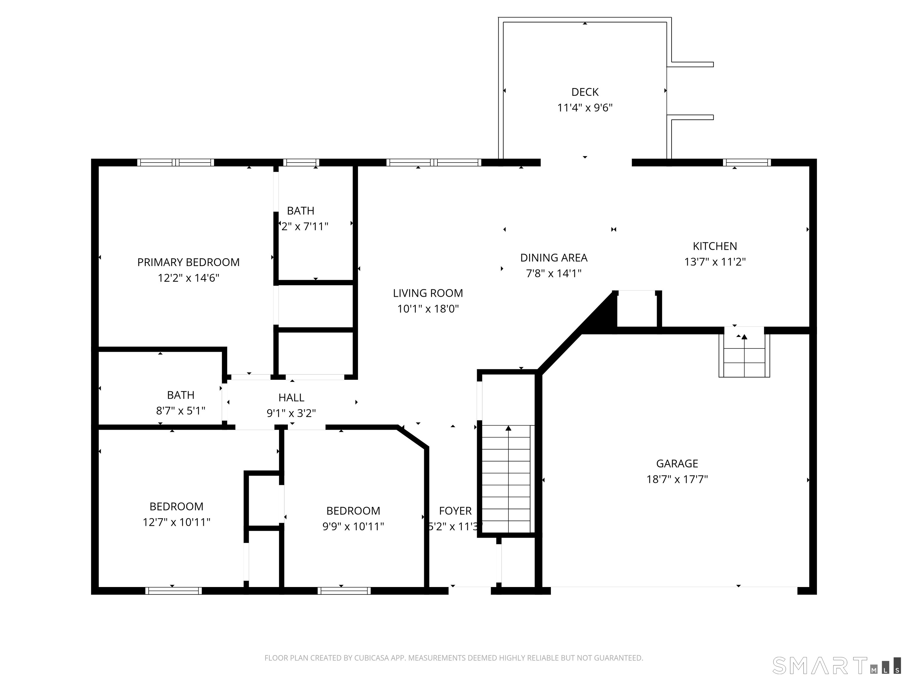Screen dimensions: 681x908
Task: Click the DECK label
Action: [x=585, y=92]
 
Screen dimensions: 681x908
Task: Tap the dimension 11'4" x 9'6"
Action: [x=585, y=108]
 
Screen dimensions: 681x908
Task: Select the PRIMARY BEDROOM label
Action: [x=188, y=262]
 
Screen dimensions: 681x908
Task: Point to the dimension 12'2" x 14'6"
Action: [x=188, y=278]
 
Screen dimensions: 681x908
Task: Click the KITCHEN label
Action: [x=715, y=246]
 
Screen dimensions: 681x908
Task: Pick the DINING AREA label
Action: [x=553, y=258]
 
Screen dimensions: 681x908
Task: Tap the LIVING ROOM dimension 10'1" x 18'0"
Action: [x=428, y=309]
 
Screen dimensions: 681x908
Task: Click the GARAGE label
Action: [x=677, y=463]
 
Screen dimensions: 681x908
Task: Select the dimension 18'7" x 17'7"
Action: [x=677, y=479]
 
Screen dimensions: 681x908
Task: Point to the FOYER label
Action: [x=455, y=511]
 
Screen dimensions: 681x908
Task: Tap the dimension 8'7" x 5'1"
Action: [x=181, y=411]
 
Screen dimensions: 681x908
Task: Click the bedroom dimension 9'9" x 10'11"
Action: [x=353, y=526]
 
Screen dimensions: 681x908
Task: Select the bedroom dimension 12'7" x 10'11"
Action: [x=176, y=522]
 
